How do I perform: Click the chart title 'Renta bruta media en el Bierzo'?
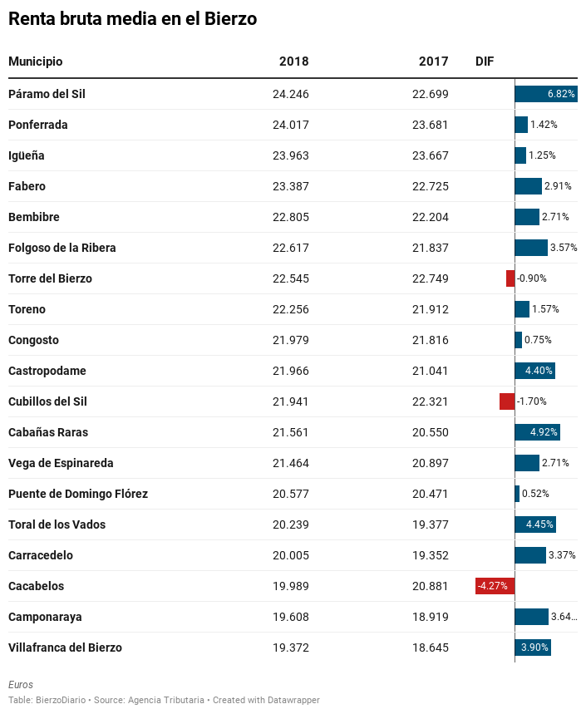click(x=132, y=18)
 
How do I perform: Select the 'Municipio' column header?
click(x=36, y=62)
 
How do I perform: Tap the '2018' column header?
click(x=293, y=62)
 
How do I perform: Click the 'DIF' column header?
click(x=485, y=62)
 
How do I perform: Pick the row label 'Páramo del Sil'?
click(x=47, y=94)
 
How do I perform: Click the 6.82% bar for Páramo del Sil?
click(x=546, y=94)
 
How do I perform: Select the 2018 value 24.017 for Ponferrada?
click(x=290, y=125)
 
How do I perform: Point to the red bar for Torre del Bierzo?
click(x=510, y=278)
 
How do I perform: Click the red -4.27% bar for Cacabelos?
click(x=495, y=586)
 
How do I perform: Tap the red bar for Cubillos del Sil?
click(x=507, y=401)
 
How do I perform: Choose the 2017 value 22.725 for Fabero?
click(x=431, y=186)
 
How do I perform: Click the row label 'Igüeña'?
click(x=27, y=155)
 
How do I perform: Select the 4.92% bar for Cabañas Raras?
click(x=537, y=432)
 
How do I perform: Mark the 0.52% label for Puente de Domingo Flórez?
click(x=535, y=494)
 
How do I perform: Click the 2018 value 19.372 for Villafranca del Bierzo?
click(x=290, y=648)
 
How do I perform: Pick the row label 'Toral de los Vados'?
click(x=57, y=524)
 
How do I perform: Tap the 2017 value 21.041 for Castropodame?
click(x=431, y=371)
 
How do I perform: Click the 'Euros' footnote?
click(x=21, y=684)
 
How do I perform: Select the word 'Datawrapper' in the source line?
click(x=293, y=700)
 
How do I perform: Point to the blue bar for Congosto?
click(x=519, y=340)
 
